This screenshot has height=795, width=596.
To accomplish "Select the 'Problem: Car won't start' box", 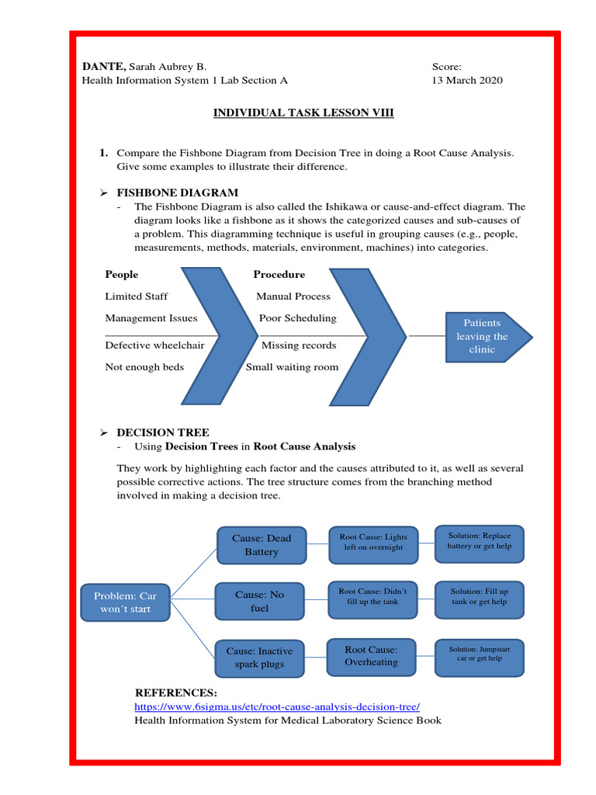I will [x=125, y=602].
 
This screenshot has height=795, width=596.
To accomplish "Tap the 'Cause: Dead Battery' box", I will [x=262, y=545].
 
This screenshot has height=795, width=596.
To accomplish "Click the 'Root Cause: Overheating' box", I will [x=371, y=656].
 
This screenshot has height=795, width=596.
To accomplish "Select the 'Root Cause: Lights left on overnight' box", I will [x=373, y=542].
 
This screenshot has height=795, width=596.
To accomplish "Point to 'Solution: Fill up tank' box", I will [x=479, y=596].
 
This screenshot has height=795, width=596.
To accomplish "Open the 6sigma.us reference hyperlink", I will [x=277, y=706].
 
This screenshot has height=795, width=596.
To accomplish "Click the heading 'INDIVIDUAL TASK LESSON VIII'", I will [x=303, y=113].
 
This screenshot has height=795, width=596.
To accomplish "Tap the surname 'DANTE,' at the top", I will [x=104, y=67].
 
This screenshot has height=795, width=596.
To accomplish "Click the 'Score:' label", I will [x=446, y=67].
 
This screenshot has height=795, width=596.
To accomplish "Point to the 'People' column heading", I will [x=122, y=274].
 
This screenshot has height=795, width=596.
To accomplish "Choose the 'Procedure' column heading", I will [x=279, y=274].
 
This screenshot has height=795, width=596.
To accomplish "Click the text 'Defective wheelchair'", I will [x=154, y=345].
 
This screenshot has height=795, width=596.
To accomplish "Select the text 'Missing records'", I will [x=299, y=345].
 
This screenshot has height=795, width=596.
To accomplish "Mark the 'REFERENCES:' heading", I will [x=176, y=693].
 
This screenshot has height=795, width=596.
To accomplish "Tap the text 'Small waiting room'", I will [x=292, y=367].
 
